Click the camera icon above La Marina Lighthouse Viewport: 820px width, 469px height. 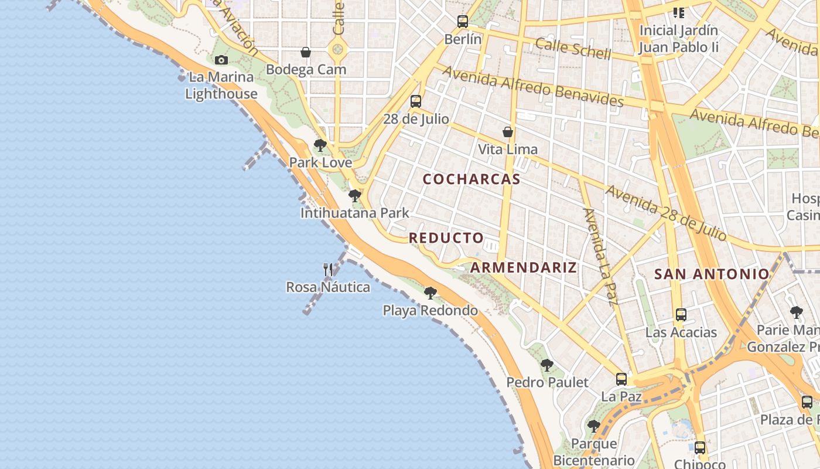(221, 60)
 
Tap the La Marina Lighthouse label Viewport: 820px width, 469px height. (221, 86)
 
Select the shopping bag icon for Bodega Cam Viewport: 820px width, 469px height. (305, 52)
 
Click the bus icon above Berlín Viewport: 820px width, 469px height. (463, 22)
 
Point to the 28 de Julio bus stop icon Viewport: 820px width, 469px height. (416, 101)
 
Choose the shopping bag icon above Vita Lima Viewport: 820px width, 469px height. (508, 132)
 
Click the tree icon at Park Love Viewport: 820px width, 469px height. (320, 145)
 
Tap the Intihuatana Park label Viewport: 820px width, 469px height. (355, 213)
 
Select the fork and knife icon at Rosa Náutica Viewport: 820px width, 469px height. (328, 270)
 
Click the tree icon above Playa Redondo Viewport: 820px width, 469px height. (430, 293)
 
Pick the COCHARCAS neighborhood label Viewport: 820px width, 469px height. (471, 179)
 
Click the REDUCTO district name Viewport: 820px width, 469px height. (446, 238)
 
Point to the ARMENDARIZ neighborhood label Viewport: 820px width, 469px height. (524, 268)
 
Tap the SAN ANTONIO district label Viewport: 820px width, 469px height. (712, 274)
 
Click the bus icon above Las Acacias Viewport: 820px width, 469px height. (681, 315)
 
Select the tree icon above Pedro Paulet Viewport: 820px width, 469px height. (547, 365)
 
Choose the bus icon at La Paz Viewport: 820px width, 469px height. (621, 379)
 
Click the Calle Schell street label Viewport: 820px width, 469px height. (573, 49)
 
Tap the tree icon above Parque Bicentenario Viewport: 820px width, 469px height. (594, 426)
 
